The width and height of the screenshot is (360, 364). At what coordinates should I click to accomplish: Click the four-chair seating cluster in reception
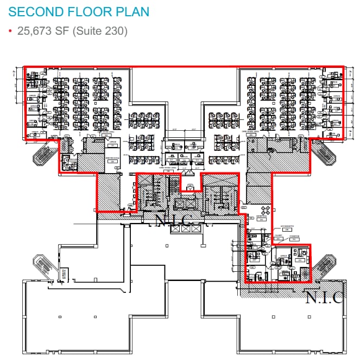pos(266,210)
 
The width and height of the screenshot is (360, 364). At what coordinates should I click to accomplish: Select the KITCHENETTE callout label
pos(287,227)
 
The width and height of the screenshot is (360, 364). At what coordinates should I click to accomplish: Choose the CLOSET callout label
pos(277,237)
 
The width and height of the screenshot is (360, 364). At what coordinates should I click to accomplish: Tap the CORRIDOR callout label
pos(294,237)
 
